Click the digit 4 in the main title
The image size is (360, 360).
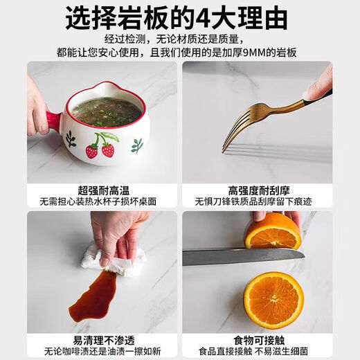[204, 19]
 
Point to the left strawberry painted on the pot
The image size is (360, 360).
[92, 150]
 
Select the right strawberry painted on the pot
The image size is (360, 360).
[108, 150]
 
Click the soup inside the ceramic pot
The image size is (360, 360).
[106, 112]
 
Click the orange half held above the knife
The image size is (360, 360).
[273, 233]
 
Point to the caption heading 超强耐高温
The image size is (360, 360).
[103, 190]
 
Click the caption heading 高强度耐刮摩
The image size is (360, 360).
[259, 190]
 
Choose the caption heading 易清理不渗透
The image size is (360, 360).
[104, 341]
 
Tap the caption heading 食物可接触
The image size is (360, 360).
[259, 341]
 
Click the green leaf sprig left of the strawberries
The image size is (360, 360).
[71, 139]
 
